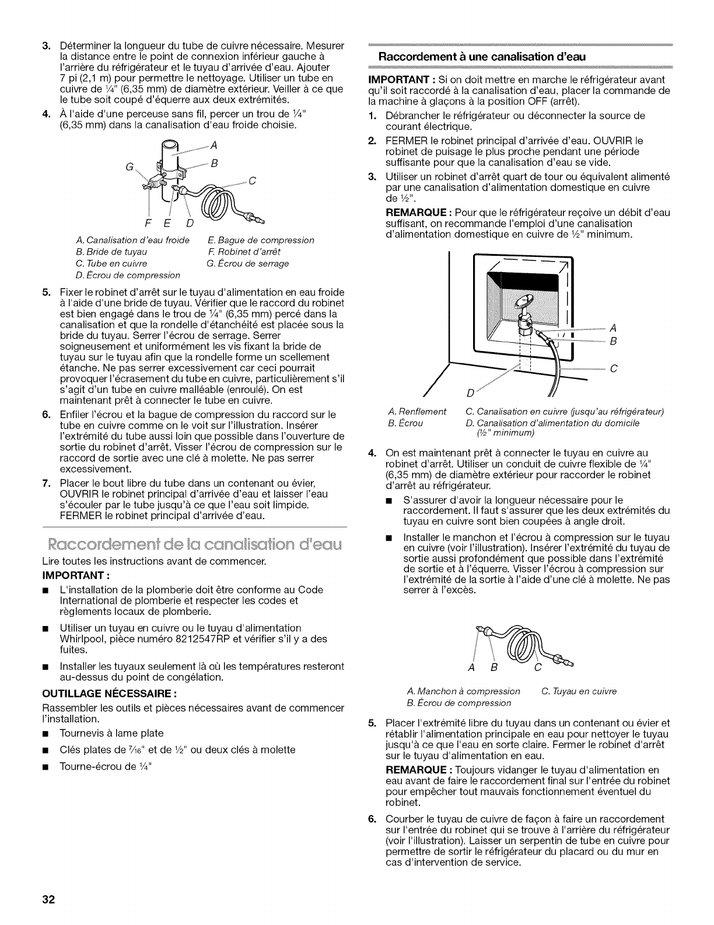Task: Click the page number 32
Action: pyautogui.click(x=48, y=899)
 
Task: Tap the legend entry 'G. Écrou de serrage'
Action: pyautogui.click(x=247, y=263)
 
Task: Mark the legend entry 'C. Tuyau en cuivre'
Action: pyautogui.click(x=579, y=691)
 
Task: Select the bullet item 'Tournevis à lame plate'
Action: pyautogui.click(x=111, y=733)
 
